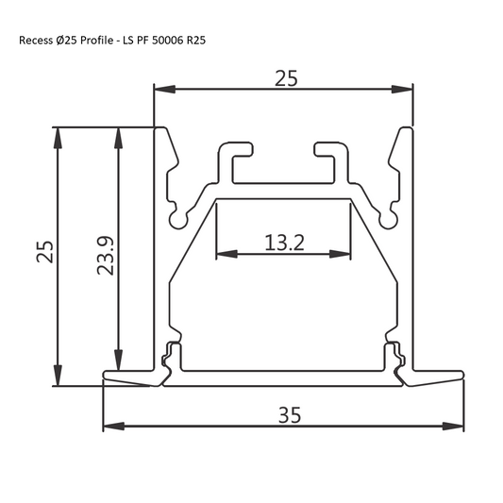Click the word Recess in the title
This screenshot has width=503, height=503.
point(37,42)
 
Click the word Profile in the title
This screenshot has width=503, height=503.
point(97,42)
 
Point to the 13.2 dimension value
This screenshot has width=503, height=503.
point(283,243)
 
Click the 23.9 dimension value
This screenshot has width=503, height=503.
point(106,255)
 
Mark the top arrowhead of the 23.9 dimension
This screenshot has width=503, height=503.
point(118,137)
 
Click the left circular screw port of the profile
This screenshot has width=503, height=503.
point(176,220)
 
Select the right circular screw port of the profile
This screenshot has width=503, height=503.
point(387,220)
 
